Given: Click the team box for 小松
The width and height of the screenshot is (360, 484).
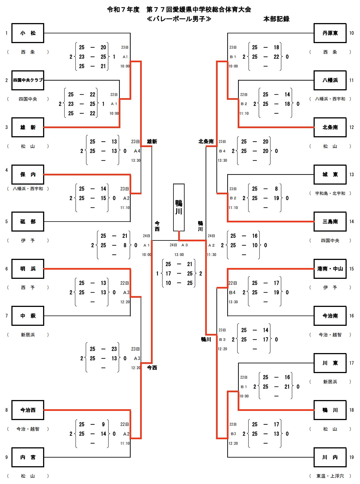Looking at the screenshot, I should point(28,33).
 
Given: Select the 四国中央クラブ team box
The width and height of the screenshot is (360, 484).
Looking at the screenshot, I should point(28,80).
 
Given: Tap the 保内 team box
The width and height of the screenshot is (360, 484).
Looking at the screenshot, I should point(28,174).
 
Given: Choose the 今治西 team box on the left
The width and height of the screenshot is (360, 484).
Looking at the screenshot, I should point(28,410).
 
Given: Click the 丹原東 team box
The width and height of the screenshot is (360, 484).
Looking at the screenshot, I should point(330,33).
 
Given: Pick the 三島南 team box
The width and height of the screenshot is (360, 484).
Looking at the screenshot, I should point(330,222).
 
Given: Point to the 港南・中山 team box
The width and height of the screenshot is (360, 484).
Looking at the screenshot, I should point(330,269).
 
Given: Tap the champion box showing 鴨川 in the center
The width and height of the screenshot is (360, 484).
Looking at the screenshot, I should point(179,207).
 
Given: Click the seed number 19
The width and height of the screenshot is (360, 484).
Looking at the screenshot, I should point(351,457).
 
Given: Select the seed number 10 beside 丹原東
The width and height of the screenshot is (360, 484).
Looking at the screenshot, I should point(351,33).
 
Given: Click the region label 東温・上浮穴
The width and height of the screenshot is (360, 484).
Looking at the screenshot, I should point(330,476).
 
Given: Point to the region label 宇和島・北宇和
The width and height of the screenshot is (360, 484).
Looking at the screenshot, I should point(330,193).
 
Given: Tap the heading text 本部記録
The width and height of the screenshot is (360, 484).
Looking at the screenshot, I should point(276,19).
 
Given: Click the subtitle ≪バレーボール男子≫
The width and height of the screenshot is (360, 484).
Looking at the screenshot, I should point(179,19).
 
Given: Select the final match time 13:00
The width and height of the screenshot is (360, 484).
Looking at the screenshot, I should point(179,255).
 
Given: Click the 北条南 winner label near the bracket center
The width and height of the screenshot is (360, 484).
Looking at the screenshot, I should point(206,142).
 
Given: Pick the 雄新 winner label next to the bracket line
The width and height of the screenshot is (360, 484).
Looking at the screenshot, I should point(152,142).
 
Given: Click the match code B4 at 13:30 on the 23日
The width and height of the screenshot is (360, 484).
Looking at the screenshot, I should point(222,151).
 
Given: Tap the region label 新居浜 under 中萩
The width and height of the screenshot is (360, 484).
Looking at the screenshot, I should point(28,335).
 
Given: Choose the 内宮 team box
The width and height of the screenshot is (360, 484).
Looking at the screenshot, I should point(28,457).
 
